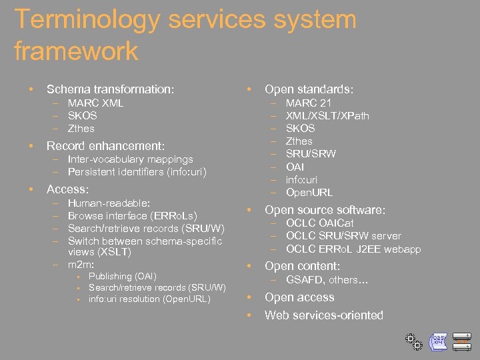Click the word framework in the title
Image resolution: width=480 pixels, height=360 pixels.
[76, 51]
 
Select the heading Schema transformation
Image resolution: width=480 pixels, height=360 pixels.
[109, 89]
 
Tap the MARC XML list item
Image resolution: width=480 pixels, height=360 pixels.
[95, 103]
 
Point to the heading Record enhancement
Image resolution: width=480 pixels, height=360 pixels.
[105, 145]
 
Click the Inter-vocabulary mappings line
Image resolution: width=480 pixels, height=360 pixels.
[130, 159]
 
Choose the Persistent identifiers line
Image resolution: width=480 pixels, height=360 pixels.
[137, 172]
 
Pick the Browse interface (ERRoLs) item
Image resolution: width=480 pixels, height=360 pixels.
[132, 216]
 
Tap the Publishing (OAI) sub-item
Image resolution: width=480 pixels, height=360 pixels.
[122, 276]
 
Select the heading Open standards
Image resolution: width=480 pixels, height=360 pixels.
[309, 89]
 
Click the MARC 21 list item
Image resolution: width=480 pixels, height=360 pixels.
[308, 103]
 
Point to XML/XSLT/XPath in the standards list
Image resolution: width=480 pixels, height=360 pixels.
[327, 116]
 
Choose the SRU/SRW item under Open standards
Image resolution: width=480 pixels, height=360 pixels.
[311, 154]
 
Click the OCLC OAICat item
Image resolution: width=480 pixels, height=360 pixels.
[319, 223]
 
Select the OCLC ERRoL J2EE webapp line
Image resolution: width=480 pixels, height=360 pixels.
[353, 249]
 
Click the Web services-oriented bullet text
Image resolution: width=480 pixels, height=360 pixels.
[323, 315]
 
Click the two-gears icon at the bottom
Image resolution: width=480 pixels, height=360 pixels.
[412, 341]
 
